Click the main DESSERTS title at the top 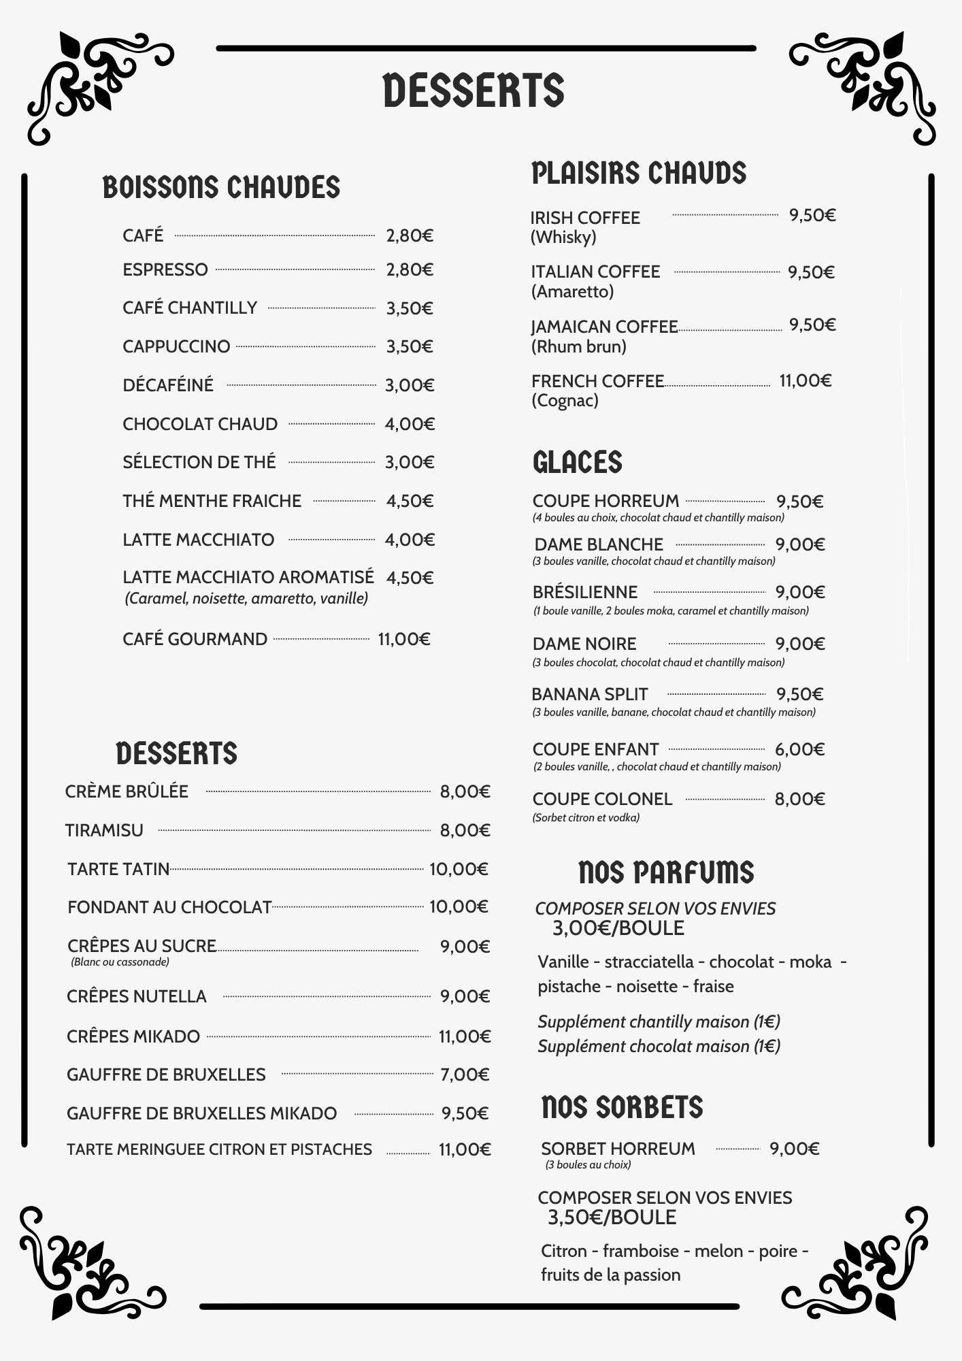pyautogui.click(x=474, y=91)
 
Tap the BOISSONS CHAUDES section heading pyautogui.click(x=221, y=188)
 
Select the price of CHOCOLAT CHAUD pyautogui.click(x=410, y=424)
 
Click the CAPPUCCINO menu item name pyautogui.click(x=176, y=346)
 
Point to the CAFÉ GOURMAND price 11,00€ pyautogui.click(x=404, y=639)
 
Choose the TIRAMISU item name pyautogui.click(x=104, y=830)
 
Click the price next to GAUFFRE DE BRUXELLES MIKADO pyautogui.click(x=465, y=1113)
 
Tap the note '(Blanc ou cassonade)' pyautogui.click(x=120, y=962)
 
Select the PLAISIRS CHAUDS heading pyautogui.click(x=638, y=174)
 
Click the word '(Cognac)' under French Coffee pyautogui.click(x=565, y=400)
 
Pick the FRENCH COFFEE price pyautogui.click(x=806, y=380)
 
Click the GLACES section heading pyautogui.click(x=577, y=462)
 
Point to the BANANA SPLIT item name pyautogui.click(x=589, y=694)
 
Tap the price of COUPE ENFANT pyautogui.click(x=799, y=749)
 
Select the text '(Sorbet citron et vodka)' pyautogui.click(x=586, y=818)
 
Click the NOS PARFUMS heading pyautogui.click(x=665, y=872)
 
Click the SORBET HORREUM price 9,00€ pyautogui.click(x=794, y=1149)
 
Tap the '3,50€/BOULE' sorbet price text pyautogui.click(x=612, y=1217)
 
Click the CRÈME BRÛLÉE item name pyautogui.click(x=127, y=791)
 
